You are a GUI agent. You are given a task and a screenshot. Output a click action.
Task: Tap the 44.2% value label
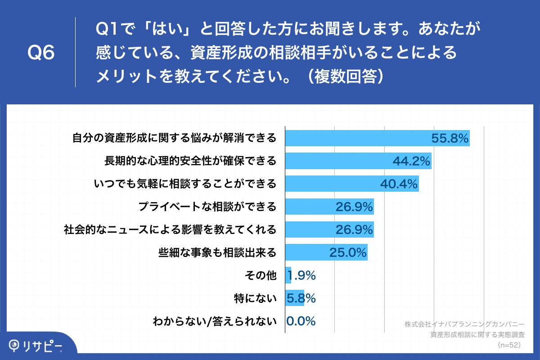click(412, 161)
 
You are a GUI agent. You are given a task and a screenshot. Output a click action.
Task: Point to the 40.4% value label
click(399, 184)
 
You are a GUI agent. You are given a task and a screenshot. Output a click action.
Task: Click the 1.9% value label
click(301, 275)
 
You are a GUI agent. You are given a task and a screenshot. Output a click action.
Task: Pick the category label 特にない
click(255, 298)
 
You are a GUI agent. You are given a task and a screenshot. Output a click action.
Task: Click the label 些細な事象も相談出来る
click(217, 252)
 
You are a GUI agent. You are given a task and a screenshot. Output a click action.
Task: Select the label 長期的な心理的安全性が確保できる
click(190, 161)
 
